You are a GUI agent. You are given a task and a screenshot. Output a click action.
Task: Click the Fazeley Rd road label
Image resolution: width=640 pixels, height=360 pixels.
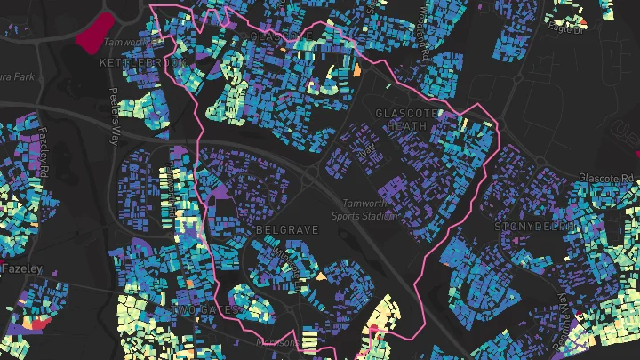click(46, 155)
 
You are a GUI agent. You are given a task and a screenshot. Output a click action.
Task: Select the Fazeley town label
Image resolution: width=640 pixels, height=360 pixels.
click(16, 268)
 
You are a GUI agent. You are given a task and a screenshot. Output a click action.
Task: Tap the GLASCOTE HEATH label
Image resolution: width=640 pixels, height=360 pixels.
click(409, 120)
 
